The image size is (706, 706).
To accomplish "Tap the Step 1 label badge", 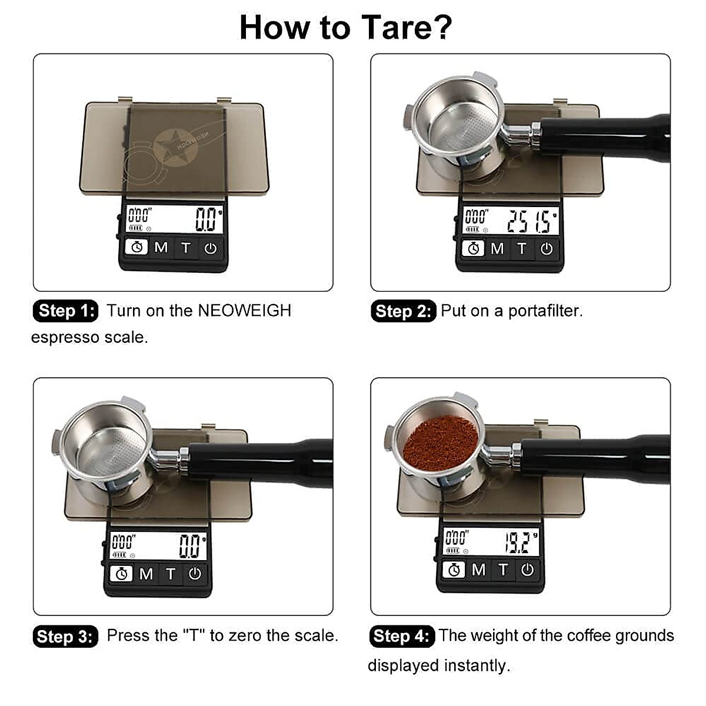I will click(x=65, y=311).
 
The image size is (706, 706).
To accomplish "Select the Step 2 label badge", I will click(x=402, y=311).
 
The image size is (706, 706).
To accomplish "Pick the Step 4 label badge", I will click(x=402, y=637).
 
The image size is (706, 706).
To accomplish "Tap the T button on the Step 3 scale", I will click(x=171, y=574).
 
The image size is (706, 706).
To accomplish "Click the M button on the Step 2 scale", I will click(x=497, y=249).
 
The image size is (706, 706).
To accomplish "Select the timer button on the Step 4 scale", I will click(x=454, y=570).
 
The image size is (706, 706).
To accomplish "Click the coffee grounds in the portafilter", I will click(x=440, y=442).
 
